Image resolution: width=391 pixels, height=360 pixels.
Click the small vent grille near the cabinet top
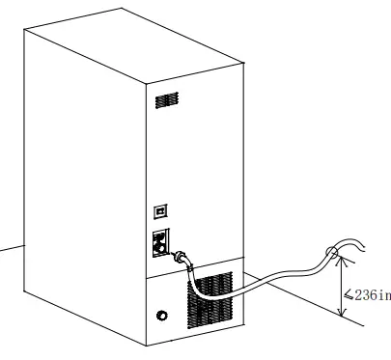click(167, 100)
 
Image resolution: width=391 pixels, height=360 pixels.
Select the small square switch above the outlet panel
click(161, 209)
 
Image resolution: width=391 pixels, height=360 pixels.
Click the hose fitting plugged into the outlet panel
click(181, 258)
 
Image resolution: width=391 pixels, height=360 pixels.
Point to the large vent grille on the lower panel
click(210, 297)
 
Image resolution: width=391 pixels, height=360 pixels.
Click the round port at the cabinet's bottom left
click(161, 315)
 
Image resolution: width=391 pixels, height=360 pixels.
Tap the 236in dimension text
click(373, 295)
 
